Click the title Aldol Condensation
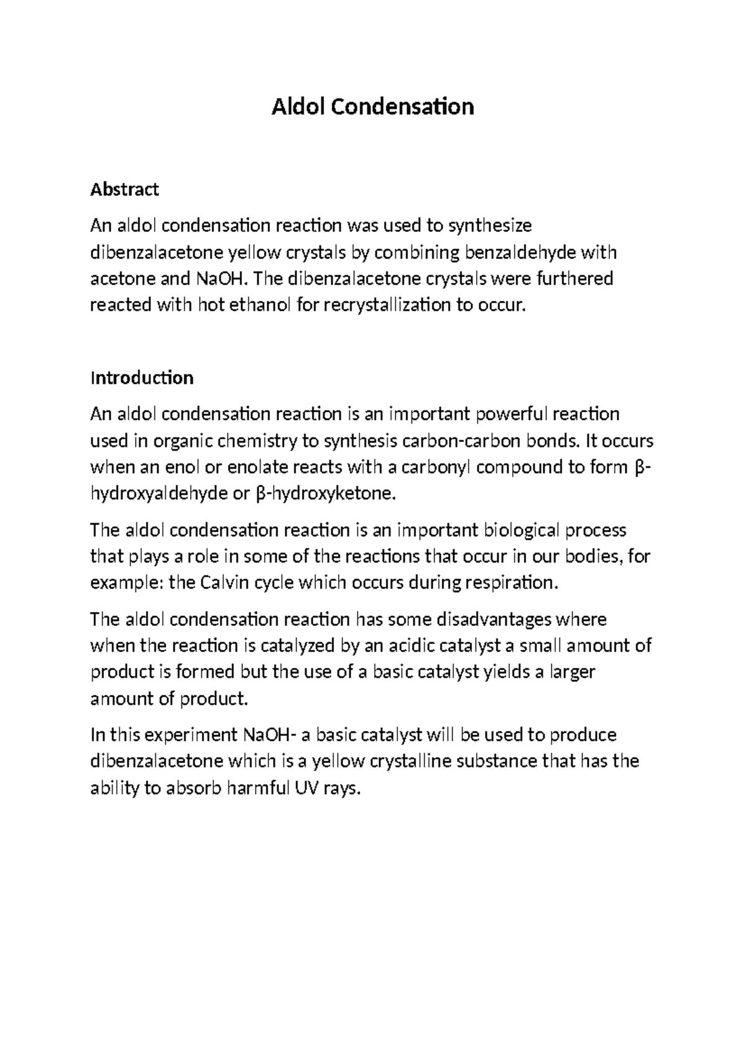[x=373, y=107]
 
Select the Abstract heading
[x=124, y=189]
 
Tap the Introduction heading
[x=142, y=378]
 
